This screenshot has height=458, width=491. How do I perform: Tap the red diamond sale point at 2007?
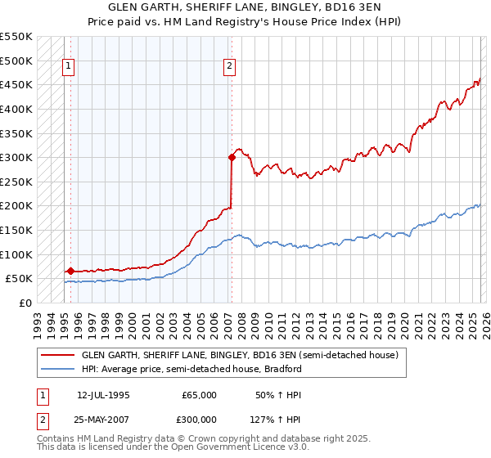point(232,159)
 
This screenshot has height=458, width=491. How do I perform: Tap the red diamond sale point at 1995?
point(70,271)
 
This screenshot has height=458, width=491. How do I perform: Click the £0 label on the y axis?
point(25,303)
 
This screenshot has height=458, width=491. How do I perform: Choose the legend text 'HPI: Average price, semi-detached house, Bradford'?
point(191,369)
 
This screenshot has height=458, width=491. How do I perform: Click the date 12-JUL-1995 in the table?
point(103,395)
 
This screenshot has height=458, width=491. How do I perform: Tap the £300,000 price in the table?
point(200,420)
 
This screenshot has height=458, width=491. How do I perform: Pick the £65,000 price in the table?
point(200,395)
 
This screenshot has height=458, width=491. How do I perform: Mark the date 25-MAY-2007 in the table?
point(103,420)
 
